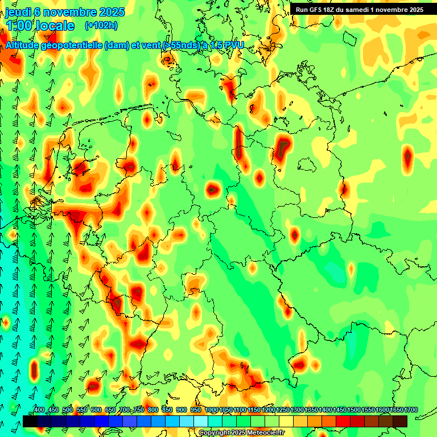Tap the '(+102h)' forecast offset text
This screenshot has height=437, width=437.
[x=101, y=25]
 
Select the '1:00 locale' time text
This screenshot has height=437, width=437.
[x=41, y=26]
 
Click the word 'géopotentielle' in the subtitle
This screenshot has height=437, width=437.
[x=72, y=45]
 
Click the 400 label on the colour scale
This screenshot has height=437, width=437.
[x=39, y=410]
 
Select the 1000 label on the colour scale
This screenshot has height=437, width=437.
[x=211, y=410]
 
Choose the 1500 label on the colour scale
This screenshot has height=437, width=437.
[x=354, y=410]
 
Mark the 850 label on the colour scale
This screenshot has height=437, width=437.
[x=167, y=410]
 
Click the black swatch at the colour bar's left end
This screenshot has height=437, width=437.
[x=30, y=421]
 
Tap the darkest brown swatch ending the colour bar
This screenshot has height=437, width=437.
[x=400, y=421]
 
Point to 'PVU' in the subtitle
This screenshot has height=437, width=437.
[x=231, y=45]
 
